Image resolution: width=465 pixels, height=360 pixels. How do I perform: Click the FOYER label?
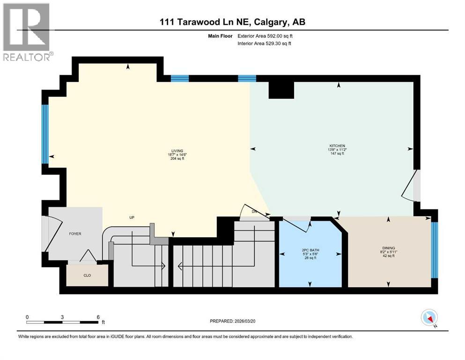pyautogui.click(x=75, y=233)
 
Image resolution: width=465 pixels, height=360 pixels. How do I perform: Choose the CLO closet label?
pyautogui.click(x=87, y=275)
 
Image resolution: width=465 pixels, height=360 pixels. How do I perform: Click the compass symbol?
pyautogui.click(x=429, y=318)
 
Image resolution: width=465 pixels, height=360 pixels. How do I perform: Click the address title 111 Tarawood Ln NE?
pyautogui.click(x=232, y=22)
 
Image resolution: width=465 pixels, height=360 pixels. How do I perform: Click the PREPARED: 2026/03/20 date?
pyautogui.click(x=232, y=321)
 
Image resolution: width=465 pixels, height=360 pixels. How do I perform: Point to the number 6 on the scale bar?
pyautogui.click(x=98, y=317)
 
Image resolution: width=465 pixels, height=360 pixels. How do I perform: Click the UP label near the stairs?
pyautogui.click(x=133, y=217)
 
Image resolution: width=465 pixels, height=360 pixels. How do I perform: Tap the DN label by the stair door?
pyautogui.click(x=255, y=212)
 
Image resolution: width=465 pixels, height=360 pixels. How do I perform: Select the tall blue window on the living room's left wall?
pyautogui.click(x=45, y=134)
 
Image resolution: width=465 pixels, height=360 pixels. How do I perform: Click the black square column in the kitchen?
pyautogui.click(x=281, y=88)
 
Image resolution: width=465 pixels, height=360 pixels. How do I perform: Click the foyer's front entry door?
pyautogui.click(x=45, y=233)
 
